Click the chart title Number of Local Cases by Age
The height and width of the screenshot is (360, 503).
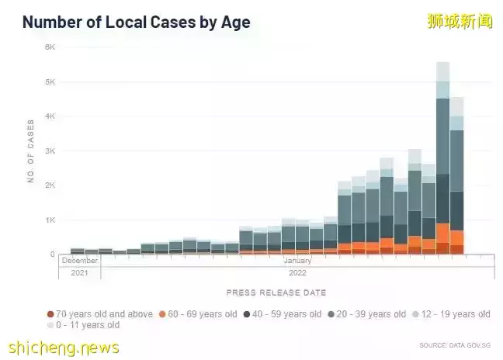[x=136, y=21]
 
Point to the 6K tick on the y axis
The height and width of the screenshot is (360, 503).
[x=49, y=47]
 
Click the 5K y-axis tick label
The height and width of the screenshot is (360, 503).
[x=49, y=81]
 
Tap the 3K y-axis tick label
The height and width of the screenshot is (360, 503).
[x=49, y=151]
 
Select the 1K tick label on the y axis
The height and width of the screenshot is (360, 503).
[x=49, y=220]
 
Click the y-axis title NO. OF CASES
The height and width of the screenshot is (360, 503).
[x=31, y=151]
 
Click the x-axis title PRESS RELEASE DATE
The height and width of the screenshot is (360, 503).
[x=276, y=292]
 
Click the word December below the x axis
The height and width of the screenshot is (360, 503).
[x=80, y=261]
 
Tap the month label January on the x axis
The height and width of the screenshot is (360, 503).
[x=297, y=261]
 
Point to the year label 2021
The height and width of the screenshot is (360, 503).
[x=80, y=272]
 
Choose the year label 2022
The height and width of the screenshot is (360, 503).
[x=297, y=272]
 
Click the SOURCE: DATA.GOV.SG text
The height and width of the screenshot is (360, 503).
[x=456, y=344]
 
